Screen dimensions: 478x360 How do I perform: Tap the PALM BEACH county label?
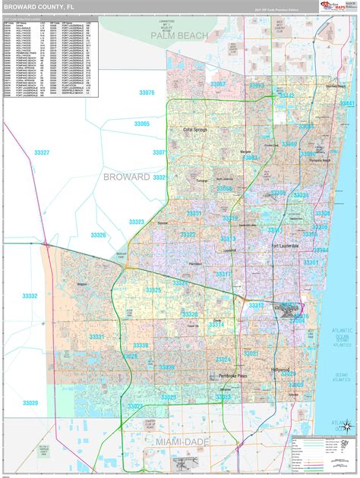tap(178, 35)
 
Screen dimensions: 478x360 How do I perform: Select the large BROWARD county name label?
tap(125, 176)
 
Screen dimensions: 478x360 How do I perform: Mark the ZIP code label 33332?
tap(30, 296)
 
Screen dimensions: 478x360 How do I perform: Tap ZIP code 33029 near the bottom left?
tap(30, 403)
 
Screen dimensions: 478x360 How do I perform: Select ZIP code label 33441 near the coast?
tap(347, 103)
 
